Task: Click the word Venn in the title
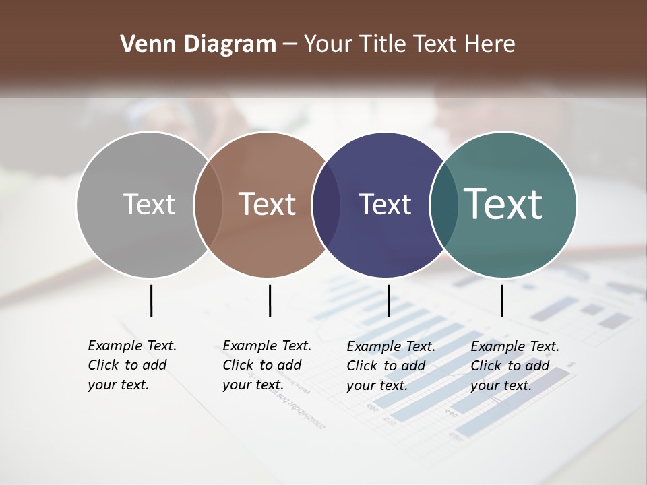(x=141, y=44)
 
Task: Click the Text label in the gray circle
(x=149, y=204)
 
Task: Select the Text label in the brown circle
(x=268, y=204)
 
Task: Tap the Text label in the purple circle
(x=385, y=205)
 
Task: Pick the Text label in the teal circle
(x=503, y=203)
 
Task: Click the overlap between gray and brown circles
(x=208, y=205)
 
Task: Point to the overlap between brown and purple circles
(x=326, y=205)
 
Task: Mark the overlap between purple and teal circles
(x=443, y=205)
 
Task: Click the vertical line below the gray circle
(x=151, y=300)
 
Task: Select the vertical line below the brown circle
(x=270, y=300)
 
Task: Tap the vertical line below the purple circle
(x=388, y=300)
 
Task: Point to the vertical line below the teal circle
(x=501, y=300)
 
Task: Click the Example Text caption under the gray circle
(x=132, y=365)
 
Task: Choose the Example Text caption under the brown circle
(x=267, y=365)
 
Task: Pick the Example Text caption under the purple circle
(x=391, y=366)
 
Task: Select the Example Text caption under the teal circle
(x=515, y=366)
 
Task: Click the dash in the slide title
(x=289, y=45)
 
